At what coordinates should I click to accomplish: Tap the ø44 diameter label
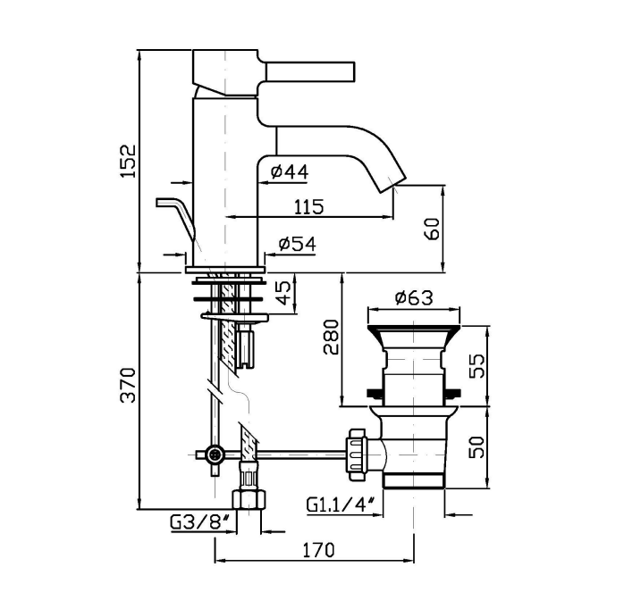[288, 171]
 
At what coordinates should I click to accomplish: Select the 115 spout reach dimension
[308, 206]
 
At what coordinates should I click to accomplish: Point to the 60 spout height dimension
[432, 229]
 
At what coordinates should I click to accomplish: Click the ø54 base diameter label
[296, 243]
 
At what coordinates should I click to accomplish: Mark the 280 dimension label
[331, 337]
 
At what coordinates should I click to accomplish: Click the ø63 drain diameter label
[413, 297]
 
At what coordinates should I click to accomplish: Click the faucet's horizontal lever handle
[308, 70]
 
